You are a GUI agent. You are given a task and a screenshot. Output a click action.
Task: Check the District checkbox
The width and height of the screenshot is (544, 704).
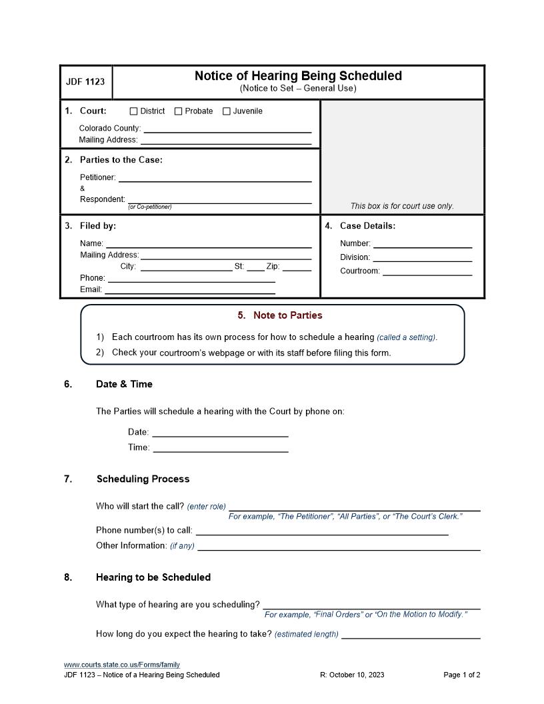point(133,111)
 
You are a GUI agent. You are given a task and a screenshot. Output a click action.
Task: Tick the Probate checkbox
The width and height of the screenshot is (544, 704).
point(178,111)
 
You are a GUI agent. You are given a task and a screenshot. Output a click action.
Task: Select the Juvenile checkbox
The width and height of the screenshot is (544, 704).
point(226,111)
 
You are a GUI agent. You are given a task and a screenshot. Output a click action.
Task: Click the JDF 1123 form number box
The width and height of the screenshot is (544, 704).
point(85,82)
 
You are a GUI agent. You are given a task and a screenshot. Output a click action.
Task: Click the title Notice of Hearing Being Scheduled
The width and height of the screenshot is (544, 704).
point(298,76)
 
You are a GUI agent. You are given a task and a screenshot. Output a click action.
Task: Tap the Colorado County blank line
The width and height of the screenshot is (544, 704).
point(227,129)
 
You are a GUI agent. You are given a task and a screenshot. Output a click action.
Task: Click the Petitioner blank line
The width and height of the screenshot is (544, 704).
point(215,177)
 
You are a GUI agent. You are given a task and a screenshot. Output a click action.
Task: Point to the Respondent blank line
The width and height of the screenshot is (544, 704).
point(219,199)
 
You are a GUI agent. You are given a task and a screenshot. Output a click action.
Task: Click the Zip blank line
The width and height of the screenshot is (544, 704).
point(297,267)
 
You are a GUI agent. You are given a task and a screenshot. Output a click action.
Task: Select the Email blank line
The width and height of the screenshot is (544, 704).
point(190,289)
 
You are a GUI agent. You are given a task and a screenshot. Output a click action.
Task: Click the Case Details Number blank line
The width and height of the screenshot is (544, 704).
point(422,244)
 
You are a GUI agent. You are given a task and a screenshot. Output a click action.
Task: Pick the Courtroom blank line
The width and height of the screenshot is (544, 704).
point(427,271)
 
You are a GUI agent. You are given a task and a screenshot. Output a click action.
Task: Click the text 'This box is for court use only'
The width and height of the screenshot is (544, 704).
point(402,206)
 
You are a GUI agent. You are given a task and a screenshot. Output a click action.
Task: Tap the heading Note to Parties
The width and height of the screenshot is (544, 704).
point(280,315)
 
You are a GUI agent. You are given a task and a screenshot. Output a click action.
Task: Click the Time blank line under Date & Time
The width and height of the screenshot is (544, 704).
point(221,448)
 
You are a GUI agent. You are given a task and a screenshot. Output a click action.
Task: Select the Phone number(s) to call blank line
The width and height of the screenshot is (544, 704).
point(321,531)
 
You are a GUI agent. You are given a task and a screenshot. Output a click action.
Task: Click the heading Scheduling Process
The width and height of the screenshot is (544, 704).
point(143,479)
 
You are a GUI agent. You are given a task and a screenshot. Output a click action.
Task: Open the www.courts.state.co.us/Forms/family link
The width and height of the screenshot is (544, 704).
point(122,665)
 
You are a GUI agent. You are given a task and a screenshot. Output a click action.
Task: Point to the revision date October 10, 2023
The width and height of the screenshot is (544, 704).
point(352,675)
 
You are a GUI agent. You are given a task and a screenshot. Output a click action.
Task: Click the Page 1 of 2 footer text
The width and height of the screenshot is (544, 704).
point(462,675)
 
